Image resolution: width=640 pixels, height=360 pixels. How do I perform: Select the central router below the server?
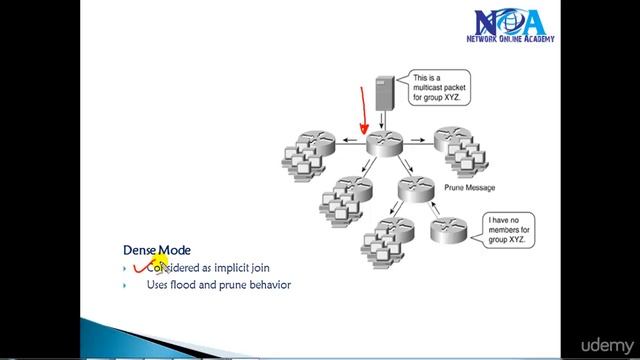pyautogui.click(x=383, y=142)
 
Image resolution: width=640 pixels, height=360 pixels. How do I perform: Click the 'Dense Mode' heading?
pyautogui.click(x=157, y=250)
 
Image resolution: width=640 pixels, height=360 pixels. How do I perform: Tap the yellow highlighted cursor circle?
pyautogui.click(x=157, y=264)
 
